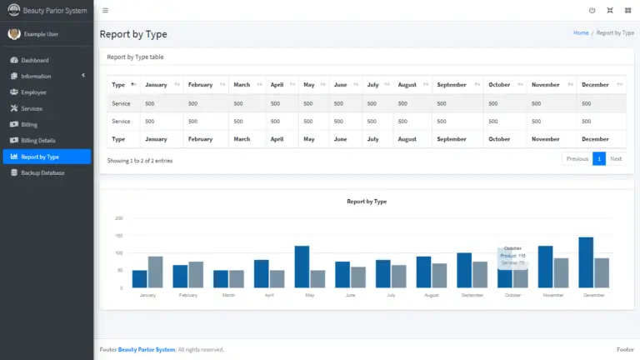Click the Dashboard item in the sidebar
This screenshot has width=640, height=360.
tap(34, 60)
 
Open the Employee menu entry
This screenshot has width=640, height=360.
tap(33, 92)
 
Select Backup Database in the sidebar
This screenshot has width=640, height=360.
tap(42, 172)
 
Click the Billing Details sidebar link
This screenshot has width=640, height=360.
tap(37, 140)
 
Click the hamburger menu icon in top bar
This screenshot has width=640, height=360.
tap(105, 11)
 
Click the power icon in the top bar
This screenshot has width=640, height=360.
tap(592, 11)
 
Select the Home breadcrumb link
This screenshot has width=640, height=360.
tap(581, 33)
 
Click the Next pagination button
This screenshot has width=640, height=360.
tap(616, 158)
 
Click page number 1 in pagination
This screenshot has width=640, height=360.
tap(598, 158)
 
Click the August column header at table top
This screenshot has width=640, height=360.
tap(407, 85)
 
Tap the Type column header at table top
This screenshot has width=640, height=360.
tap(118, 85)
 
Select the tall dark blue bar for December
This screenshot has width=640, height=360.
tap(586, 262)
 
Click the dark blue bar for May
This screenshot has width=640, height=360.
tap(302, 267)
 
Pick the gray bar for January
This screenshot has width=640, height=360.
tap(155, 272)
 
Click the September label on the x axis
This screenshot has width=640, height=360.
tap(471, 295)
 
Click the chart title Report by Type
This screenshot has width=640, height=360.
tap(367, 202)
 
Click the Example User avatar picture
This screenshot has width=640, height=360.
tap(14, 33)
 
